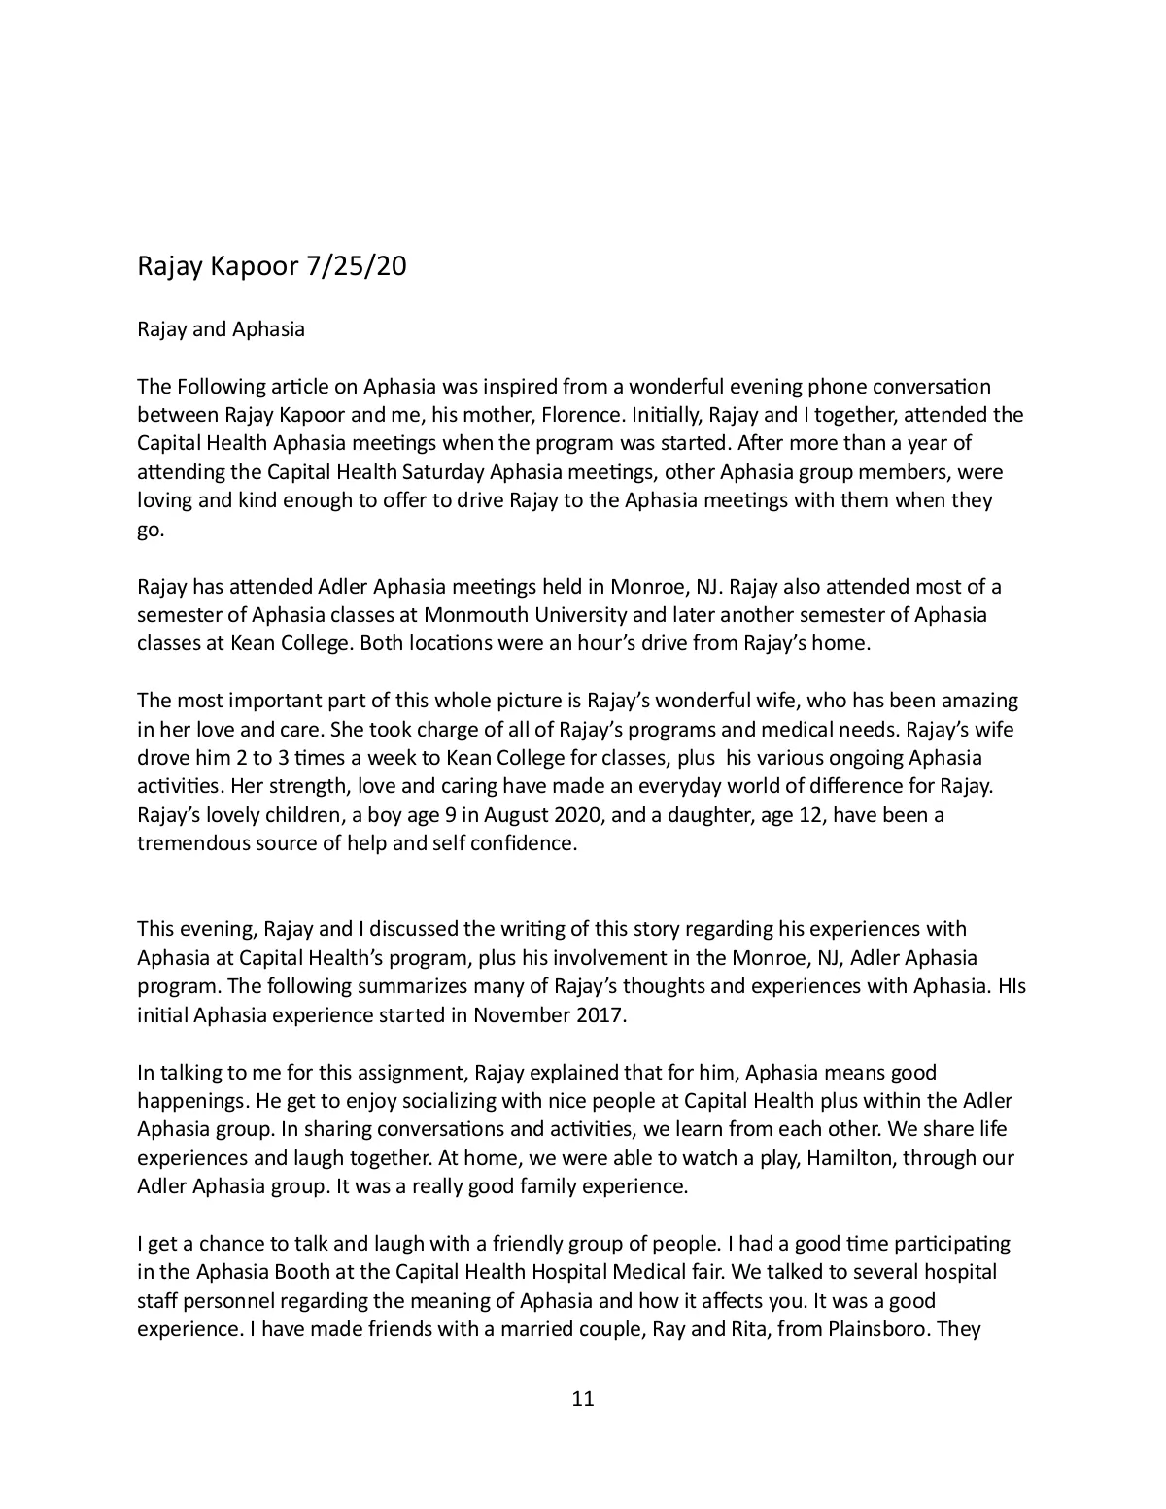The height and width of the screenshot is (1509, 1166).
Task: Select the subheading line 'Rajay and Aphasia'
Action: tap(221, 329)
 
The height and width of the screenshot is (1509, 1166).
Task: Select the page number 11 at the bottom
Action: tap(583, 1399)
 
